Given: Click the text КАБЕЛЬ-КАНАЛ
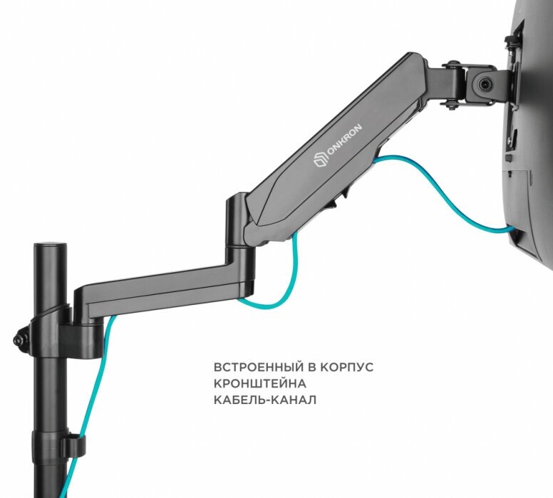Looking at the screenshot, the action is tap(265, 400).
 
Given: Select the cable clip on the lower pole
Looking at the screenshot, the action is tap(71, 445).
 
